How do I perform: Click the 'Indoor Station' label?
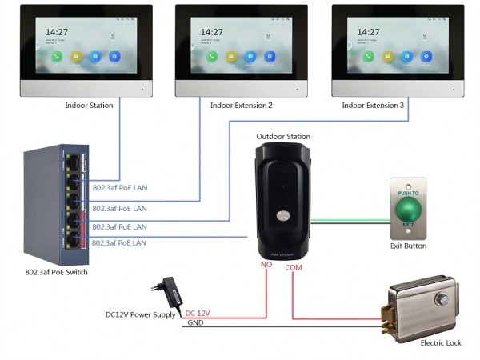pos(89,106)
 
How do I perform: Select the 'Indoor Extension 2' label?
pos(241,106)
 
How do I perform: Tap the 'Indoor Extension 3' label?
pos(373,106)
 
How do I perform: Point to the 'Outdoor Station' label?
pos(283,137)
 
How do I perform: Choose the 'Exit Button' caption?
pos(408,246)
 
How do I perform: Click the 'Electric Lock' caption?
pos(441,342)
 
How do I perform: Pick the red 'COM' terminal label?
pos(294,267)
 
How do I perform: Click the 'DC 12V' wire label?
pos(199,314)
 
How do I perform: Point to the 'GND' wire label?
pos(194,322)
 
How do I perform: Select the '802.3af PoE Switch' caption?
pos(56,273)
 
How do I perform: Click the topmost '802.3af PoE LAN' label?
pos(119,188)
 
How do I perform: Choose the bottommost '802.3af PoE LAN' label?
pos(119,242)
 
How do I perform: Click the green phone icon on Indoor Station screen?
pos(56,57)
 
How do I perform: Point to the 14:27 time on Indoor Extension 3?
pos(370,32)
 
